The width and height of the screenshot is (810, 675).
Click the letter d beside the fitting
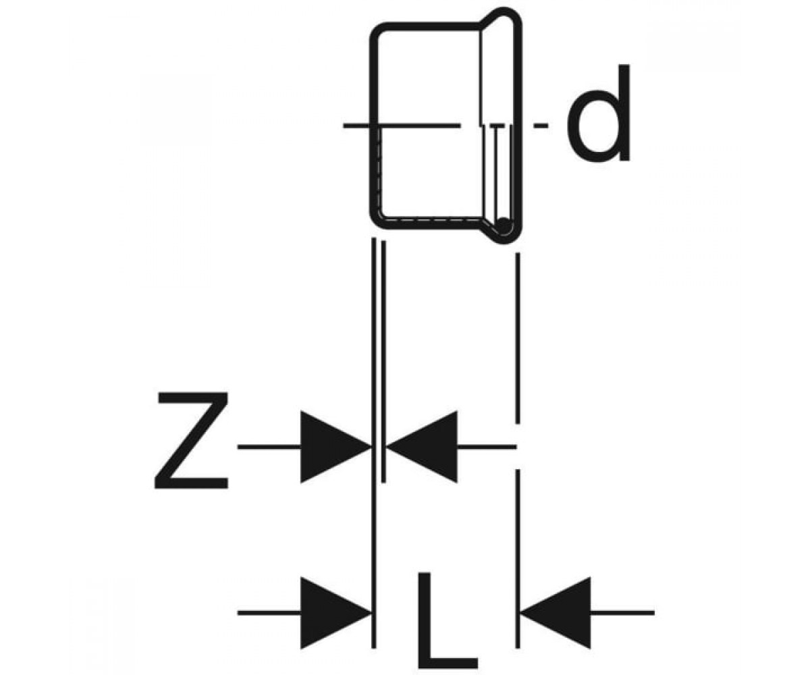point(598,113)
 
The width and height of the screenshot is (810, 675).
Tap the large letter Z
point(192,440)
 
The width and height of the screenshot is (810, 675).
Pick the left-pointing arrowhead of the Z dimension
point(422,447)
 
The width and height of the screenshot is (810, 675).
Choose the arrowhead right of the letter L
point(556,613)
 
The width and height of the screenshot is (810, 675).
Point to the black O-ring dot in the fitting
point(504,225)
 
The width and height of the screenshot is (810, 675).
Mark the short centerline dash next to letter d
point(541,126)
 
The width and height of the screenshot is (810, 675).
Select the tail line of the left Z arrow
point(269,448)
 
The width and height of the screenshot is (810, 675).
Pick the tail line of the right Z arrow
point(487,448)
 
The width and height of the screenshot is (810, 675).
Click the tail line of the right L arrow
point(622,613)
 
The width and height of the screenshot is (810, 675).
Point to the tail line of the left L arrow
point(269,613)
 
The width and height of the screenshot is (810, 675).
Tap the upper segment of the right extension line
point(518,338)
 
